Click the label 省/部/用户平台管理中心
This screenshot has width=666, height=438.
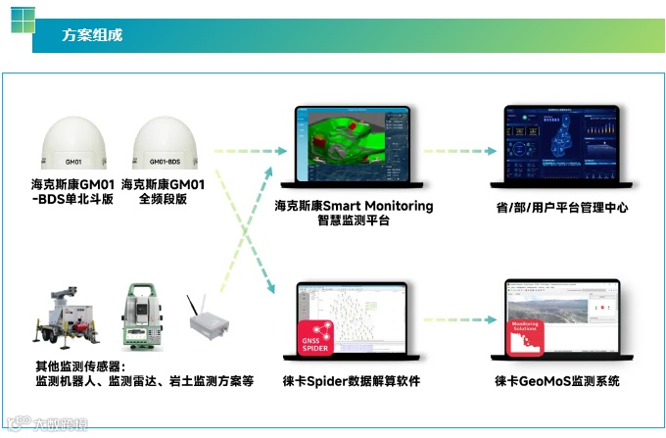562,208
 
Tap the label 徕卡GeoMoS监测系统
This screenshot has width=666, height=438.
557,381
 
